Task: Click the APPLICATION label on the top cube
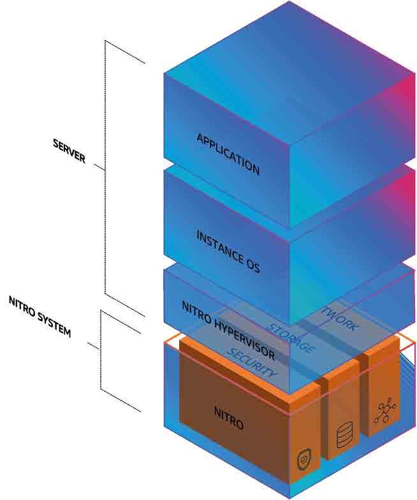pyautogui.click(x=228, y=154)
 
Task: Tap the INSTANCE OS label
pyautogui.click(x=228, y=252)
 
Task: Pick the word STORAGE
pyautogui.click(x=291, y=338)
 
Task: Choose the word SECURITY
pyautogui.click(x=252, y=362)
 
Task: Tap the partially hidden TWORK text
pyautogui.click(x=340, y=318)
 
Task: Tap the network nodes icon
pyautogui.click(x=384, y=410)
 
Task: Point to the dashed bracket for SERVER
pyautogui.click(x=106, y=172)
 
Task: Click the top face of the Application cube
pyautogui.click(x=287, y=64)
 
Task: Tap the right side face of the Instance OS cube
pyautogui.click(x=351, y=255)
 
